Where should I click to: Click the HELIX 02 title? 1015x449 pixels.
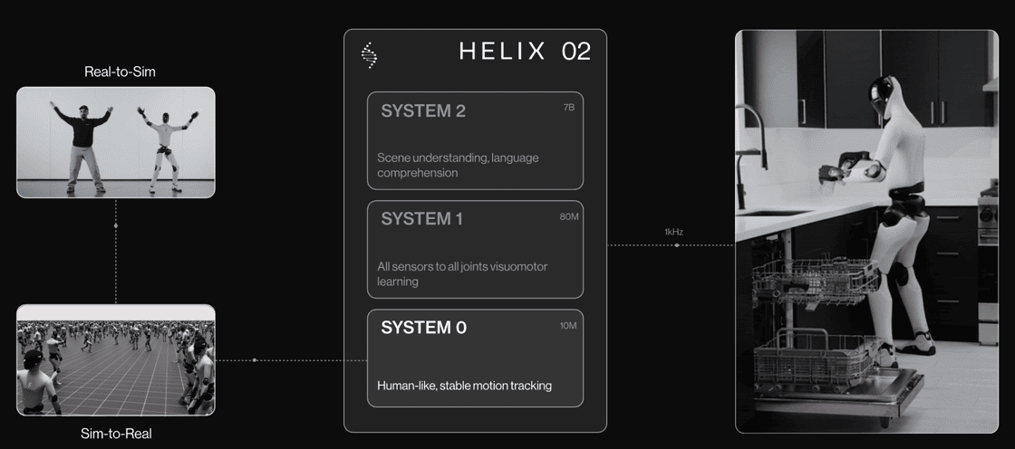pos(525,52)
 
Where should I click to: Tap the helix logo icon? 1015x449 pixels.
pos(369,55)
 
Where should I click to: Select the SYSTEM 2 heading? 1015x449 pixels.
pos(423,111)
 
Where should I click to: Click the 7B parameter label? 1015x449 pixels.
pos(569,108)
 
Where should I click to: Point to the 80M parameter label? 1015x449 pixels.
pos(569,216)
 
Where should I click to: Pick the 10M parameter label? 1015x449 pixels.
pos(568,325)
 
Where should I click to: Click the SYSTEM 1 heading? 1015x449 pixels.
pos(422,219)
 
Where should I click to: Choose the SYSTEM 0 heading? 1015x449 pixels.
pos(423,328)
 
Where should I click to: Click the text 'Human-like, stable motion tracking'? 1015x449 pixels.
pos(464,387)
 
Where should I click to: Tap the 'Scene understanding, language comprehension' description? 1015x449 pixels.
pos(458,165)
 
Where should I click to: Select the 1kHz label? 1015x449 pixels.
pos(674,232)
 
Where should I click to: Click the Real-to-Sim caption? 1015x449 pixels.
pos(120,72)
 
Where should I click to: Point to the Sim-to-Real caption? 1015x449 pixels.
pos(116,434)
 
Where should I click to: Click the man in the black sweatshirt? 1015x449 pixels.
pos(83,148)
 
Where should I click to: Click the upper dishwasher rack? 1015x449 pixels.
pos(815,281)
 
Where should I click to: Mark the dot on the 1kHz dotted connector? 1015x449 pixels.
pos(677,245)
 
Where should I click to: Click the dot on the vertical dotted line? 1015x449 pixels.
pos(116,225)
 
